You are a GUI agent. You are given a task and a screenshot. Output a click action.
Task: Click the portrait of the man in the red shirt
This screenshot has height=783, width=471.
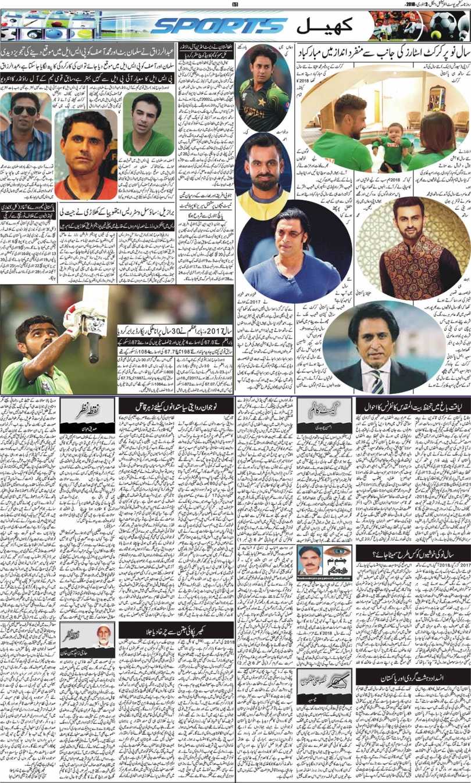click(x=85, y=155)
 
